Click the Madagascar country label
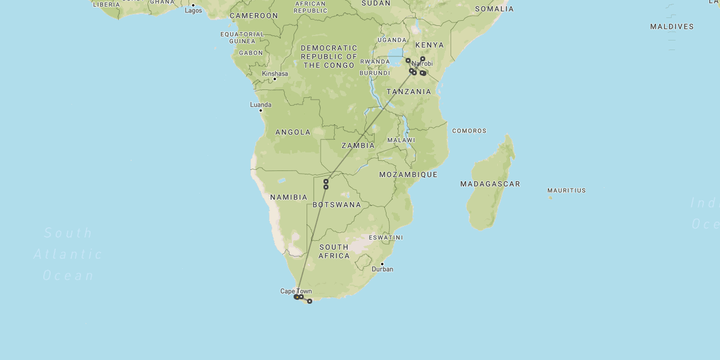click(490, 184)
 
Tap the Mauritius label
click(566, 191)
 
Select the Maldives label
click(672, 26)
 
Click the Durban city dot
click(382, 264)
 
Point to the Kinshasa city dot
click(274, 79)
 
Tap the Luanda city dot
click(260, 110)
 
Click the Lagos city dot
click(193, 5)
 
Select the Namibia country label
click(289, 197)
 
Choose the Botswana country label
click(337, 205)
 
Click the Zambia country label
click(358, 146)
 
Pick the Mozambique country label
click(408, 175)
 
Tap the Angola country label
click(292, 132)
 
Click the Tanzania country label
click(409, 92)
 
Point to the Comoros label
click(469, 131)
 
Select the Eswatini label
click(386, 238)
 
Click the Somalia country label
click(494, 9)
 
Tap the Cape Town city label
click(296, 291)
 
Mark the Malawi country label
click(401, 140)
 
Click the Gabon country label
click(251, 53)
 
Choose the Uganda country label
click(391, 40)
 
